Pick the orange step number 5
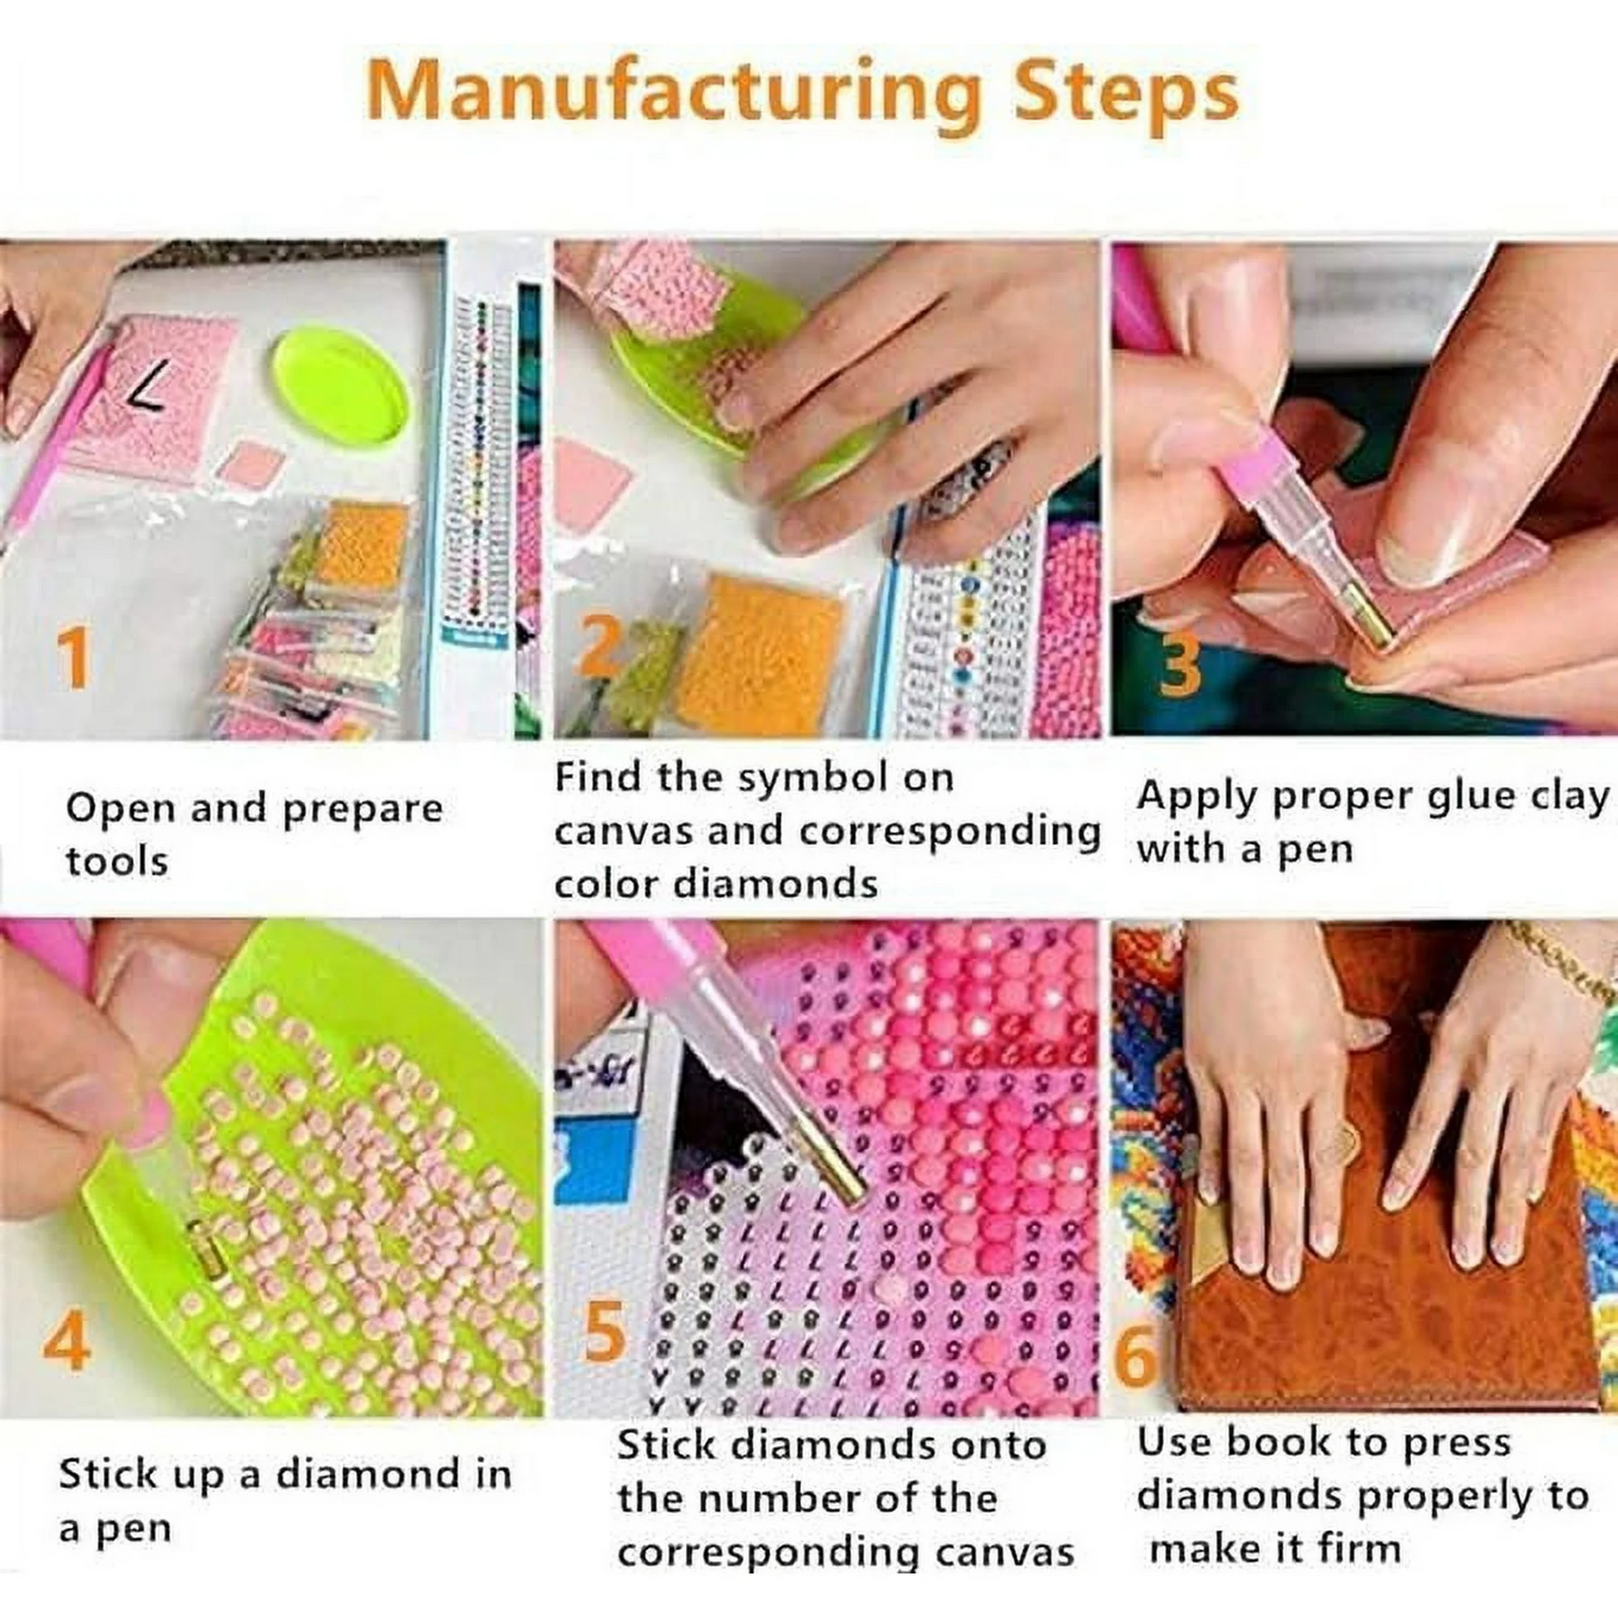[x=604, y=1328]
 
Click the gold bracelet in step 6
[x=1557, y=955]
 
